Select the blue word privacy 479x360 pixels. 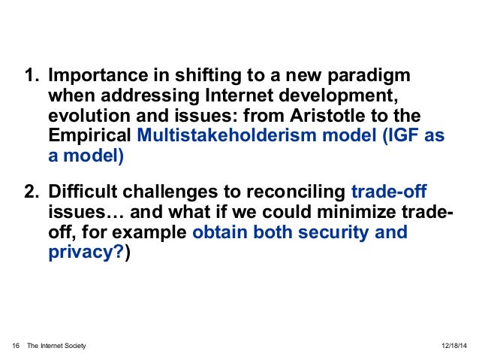click(82, 253)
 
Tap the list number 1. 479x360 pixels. click(32, 77)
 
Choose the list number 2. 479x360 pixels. click(32, 192)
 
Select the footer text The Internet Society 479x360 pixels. click(56, 345)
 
